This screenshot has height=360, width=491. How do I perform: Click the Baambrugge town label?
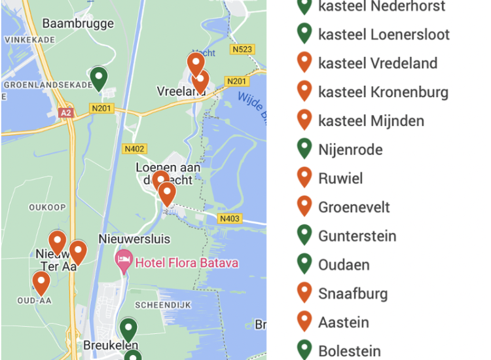(78, 24)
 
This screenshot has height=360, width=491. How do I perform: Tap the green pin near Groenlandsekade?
(98, 79)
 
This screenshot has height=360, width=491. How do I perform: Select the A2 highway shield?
(65, 113)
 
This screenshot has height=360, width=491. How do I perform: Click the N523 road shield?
(242, 49)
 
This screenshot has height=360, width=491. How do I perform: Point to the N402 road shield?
(134, 149)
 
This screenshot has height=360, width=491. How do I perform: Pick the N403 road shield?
(229, 219)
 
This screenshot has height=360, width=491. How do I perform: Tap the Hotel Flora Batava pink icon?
(123, 262)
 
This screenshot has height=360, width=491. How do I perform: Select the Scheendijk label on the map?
(160, 305)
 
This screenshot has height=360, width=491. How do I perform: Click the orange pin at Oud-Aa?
(41, 283)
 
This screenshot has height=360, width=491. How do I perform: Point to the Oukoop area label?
(47, 207)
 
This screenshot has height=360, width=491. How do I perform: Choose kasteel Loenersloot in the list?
(384, 35)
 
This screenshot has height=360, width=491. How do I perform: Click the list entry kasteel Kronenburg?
(383, 92)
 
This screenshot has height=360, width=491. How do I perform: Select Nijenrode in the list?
(350, 150)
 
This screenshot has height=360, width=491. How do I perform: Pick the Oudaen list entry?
(344, 265)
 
